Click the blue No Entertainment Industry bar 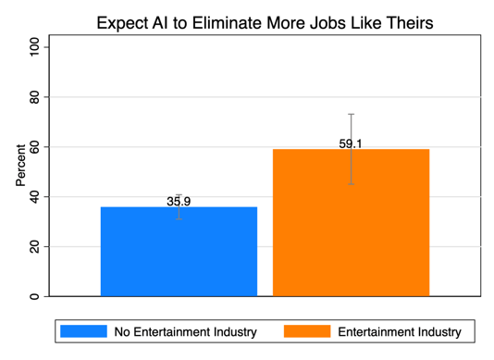(x=179, y=252)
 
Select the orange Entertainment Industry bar (x=351, y=222)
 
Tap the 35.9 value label (x=179, y=202)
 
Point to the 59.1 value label (x=351, y=143)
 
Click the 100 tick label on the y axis (x=34, y=47)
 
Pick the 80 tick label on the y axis (x=34, y=97)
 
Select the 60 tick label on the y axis (x=34, y=147)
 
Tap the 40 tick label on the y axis (x=34, y=197)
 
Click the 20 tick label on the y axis (x=34, y=246)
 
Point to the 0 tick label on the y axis (x=34, y=296)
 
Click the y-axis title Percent (x=20, y=166)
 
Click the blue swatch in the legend (x=83, y=331)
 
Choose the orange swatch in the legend (x=307, y=331)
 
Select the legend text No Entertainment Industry (x=186, y=332)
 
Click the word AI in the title (x=160, y=23)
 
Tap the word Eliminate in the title (x=227, y=23)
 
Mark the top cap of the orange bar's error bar (x=351, y=114)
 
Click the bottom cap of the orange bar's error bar (x=351, y=184)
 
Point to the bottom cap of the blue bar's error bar (x=179, y=219)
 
